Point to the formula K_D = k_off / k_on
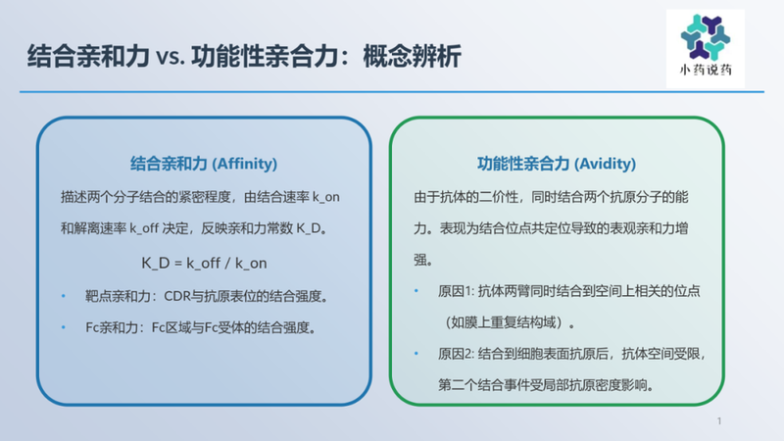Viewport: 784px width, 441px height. pyautogui.click(x=204, y=263)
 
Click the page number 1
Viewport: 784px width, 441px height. pyautogui.click(x=720, y=421)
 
